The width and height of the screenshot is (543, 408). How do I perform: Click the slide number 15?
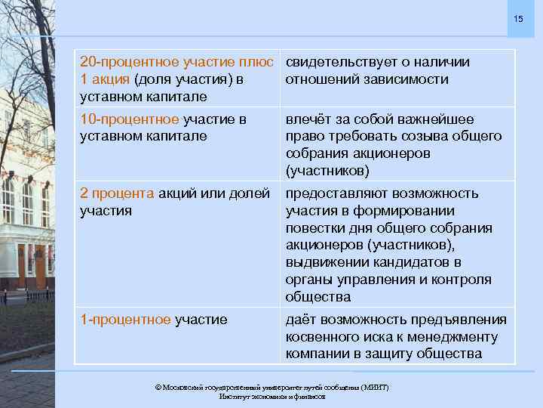517,17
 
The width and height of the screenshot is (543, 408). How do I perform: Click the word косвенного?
321,337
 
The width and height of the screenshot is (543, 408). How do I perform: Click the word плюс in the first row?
261,62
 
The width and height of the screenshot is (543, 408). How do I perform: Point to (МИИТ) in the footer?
375,387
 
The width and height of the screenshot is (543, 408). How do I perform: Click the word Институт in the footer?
235,396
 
